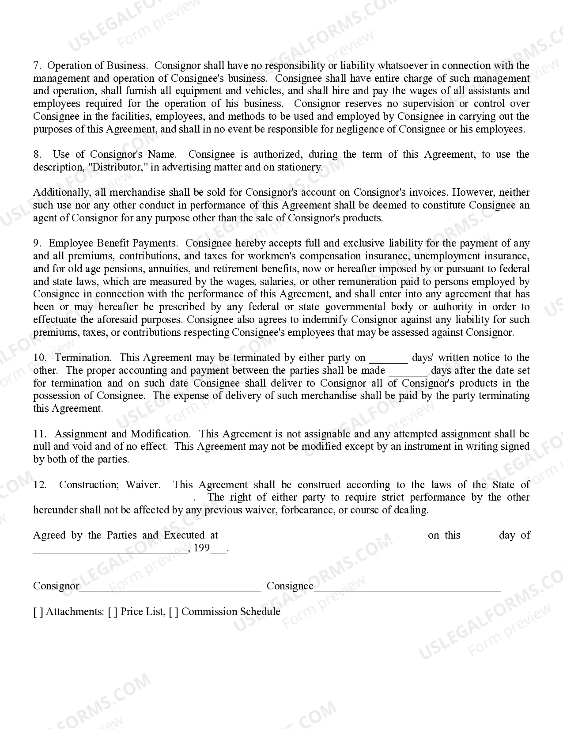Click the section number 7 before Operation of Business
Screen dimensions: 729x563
click(x=37, y=66)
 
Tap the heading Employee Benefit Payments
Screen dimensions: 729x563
click(x=113, y=243)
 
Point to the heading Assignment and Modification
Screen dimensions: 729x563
click(x=122, y=434)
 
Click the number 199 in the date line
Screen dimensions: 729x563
click(x=201, y=549)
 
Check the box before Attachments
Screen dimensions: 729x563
click(x=38, y=612)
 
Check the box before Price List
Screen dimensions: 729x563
click(x=113, y=612)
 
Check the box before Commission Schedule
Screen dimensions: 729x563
click(x=174, y=612)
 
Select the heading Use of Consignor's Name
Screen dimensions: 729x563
click(x=114, y=155)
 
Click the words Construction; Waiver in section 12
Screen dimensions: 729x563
click(x=109, y=485)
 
